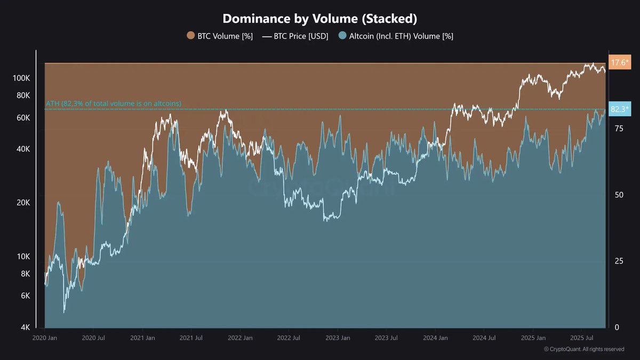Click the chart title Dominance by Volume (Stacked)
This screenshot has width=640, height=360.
(x=319, y=18)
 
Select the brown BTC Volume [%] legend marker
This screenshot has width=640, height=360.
(x=190, y=36)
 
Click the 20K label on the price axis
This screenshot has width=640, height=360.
(x=23, y=203)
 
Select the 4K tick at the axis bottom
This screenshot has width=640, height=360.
(x=25, y=327)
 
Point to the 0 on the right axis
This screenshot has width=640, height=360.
(x=617, y=327)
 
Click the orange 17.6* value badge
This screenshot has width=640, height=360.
(x=619, y=63)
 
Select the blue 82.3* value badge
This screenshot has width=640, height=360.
(x=619, y=109)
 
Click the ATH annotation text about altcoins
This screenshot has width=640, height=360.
(x=113, y=103)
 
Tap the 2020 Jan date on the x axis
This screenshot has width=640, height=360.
(x=45, y=338)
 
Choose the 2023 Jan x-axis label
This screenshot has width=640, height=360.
(x=338, y=338)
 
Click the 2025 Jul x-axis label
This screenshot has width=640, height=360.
(x=582, y=338)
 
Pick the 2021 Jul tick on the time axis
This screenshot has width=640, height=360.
(x=191, y=338)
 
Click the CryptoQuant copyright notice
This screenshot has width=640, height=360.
(x=584, y=349)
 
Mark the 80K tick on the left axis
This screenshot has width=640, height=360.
(x=23, y=95)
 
